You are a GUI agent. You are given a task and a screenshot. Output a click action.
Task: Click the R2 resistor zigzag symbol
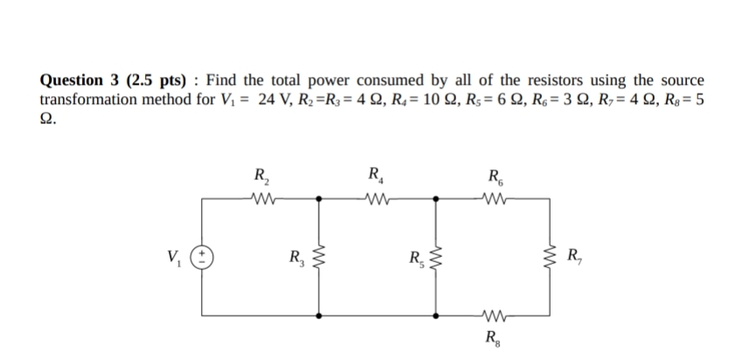[x=261, y=197]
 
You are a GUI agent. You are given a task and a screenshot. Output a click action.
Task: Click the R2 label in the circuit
[x=260, y=174]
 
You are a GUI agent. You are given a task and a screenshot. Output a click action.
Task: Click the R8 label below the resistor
[x=493, y=337]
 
